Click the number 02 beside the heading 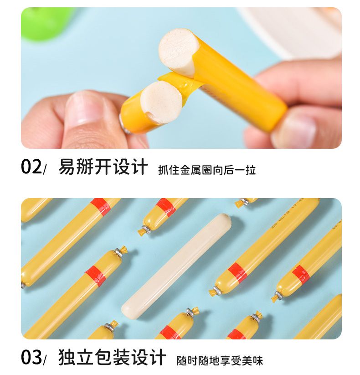tap(31, 167)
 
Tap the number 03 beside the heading tap(31, 357)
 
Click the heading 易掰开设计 tap(103, 167)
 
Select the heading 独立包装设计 tap(112, 357)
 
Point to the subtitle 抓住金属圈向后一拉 tap(207, 170)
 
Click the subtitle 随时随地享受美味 tap(220, 360)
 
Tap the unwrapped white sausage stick tap(176, 266)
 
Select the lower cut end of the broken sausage tap(161, 102)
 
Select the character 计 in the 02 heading tap(139, 167)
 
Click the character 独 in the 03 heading tap(67, 357)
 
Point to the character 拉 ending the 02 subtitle tap(251, 170)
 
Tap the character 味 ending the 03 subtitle tap(258, 360)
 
